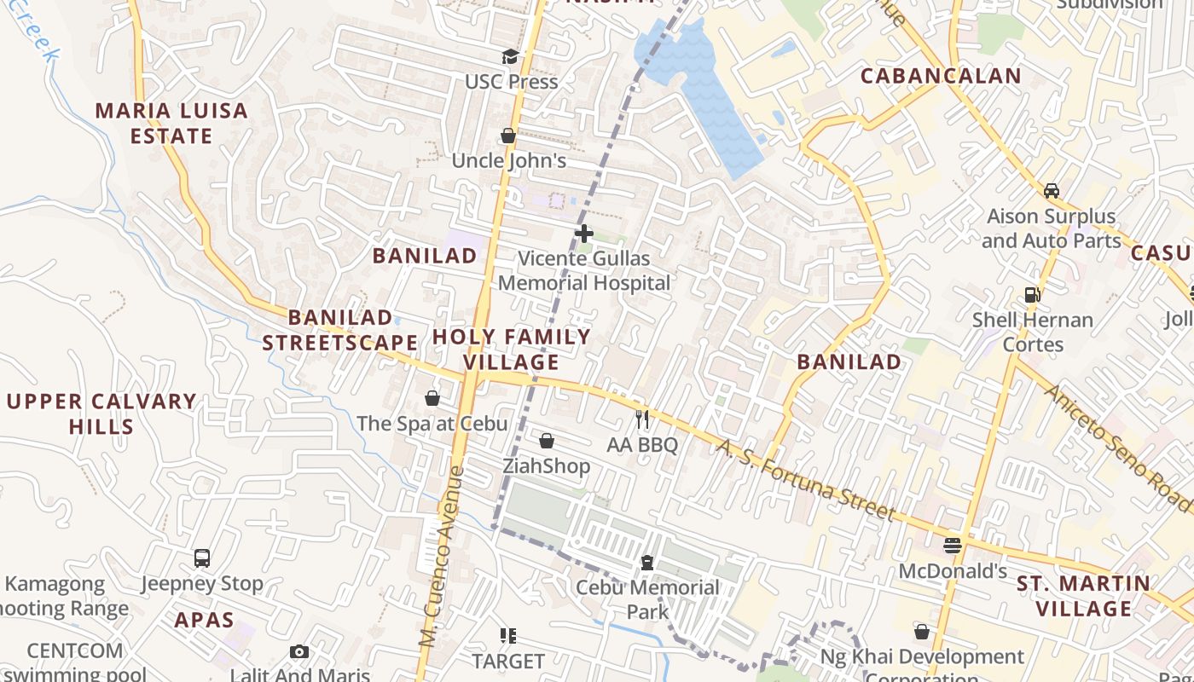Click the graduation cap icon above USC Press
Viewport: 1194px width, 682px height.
(509, 57)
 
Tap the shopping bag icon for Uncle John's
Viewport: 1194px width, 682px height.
(508, 136)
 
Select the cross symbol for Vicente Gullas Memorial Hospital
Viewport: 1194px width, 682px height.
(584, 234)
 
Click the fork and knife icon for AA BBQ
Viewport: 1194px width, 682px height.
(642, 419)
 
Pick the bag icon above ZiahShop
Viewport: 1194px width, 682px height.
(547, 441)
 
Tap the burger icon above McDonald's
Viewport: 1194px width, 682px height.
(953, 546)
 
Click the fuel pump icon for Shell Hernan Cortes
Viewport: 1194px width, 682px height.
(1032, 295)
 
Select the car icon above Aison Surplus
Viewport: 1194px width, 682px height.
(1052, 191)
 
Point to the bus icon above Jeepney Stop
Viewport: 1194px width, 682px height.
(202, 558)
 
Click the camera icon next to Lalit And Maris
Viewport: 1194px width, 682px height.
(299, 652)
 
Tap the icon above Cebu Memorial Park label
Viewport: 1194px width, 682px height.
(647, 563)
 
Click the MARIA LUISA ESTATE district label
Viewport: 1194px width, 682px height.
(171, 123)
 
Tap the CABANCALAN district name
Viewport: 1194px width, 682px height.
(941, 76)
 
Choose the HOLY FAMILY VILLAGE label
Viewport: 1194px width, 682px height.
(512, 349)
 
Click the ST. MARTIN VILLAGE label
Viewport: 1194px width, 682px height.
(1083, 596)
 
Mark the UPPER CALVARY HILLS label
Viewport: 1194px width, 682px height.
(101, 413)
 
